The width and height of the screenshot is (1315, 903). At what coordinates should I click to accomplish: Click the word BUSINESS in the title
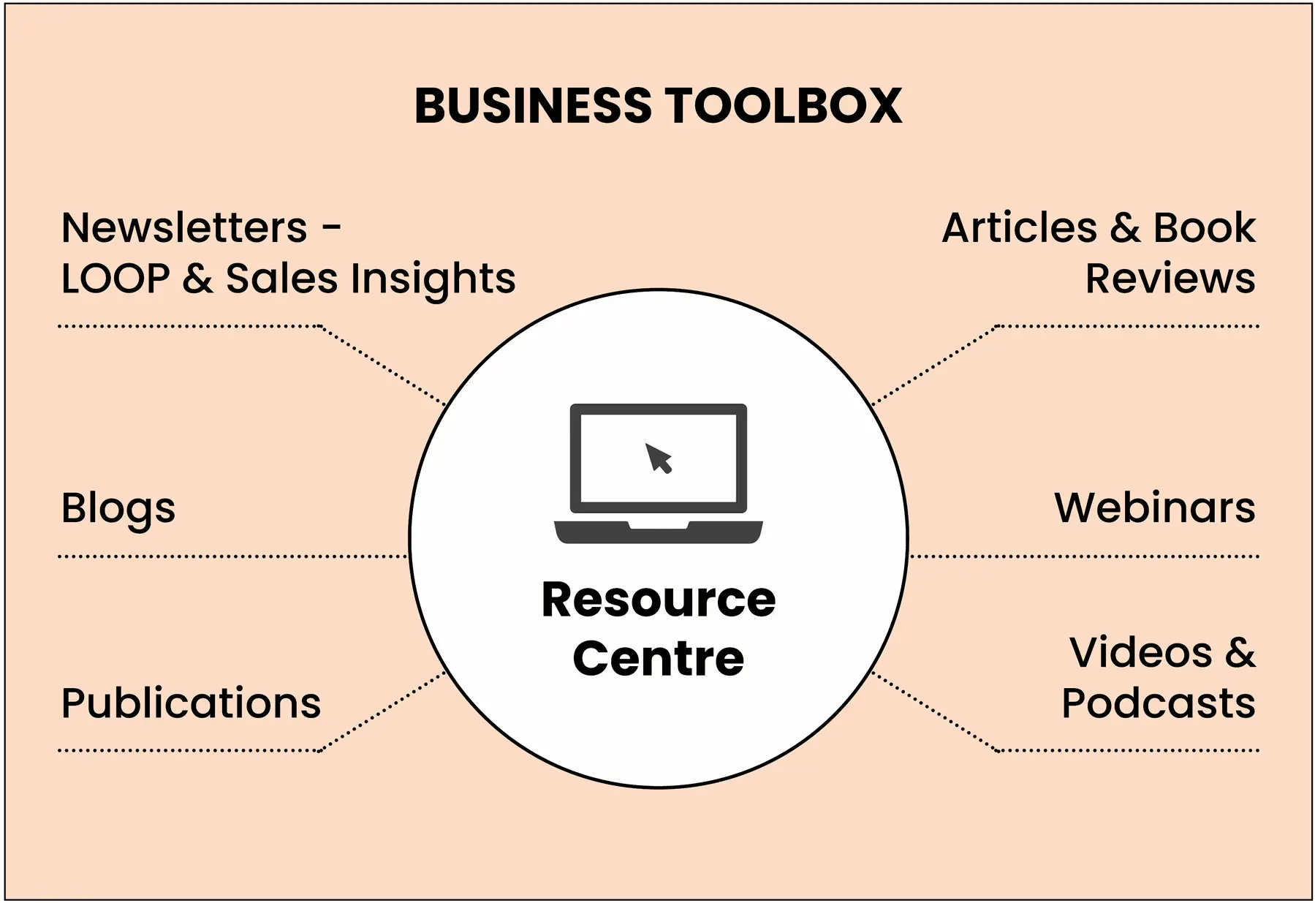click(x=532, y=105)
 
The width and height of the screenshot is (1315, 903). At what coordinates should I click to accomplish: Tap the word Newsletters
click(x=184, y=227)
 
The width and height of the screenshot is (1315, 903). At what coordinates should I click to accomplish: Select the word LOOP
click(x=115, y=279)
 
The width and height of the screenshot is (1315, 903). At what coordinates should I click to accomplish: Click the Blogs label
click(x=118, y=508)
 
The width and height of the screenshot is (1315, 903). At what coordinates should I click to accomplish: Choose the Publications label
click(x=191, y=703)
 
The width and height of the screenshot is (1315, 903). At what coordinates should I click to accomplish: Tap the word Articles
click(x=1019, y=227)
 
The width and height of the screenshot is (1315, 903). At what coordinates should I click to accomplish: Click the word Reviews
click(x=1170, y=279)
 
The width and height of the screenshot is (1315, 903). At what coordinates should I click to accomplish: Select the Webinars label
click(x=1154, y=507)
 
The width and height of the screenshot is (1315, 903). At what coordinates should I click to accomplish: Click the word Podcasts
click(x=1158, y=703)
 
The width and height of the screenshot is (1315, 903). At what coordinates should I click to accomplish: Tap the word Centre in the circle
click(x=658, y=658)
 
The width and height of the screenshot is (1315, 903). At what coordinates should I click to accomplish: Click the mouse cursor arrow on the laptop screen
click(x=659, y=458)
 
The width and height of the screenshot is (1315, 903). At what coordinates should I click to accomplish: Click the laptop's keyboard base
click(x=658, y=532)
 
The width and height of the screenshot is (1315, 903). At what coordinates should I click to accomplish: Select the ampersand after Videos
click(x=1240, y=652)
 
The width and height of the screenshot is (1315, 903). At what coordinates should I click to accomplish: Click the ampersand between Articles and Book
click(x=1125, y=227)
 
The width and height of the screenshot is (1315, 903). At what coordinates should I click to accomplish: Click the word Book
click(x=1204, y=227)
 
